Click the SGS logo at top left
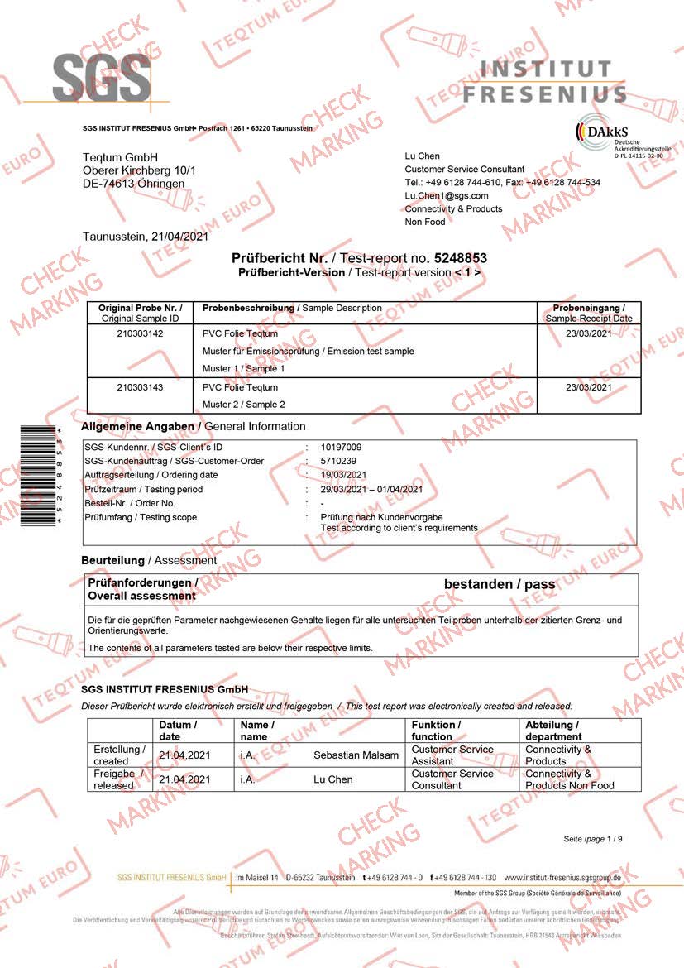(x=102, y=79)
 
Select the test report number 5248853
(x=457, y=258)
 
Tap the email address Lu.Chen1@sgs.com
(x=446, y=195)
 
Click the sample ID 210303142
(x=140, y=333)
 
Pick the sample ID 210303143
(x=140, y=387)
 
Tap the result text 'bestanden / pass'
(x=500, y=585)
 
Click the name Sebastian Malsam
(x=356, y=755)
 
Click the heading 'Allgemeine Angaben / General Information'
(x=194, y=426)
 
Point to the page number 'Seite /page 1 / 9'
(x=593, y=839)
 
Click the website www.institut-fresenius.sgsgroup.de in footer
(x=562, y=877)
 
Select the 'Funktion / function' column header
(x=436, y=730)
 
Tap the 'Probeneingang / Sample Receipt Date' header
(x=588, y=313)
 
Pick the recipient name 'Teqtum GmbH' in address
(x=120, y=157)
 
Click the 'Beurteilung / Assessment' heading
(x=149, y=560)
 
